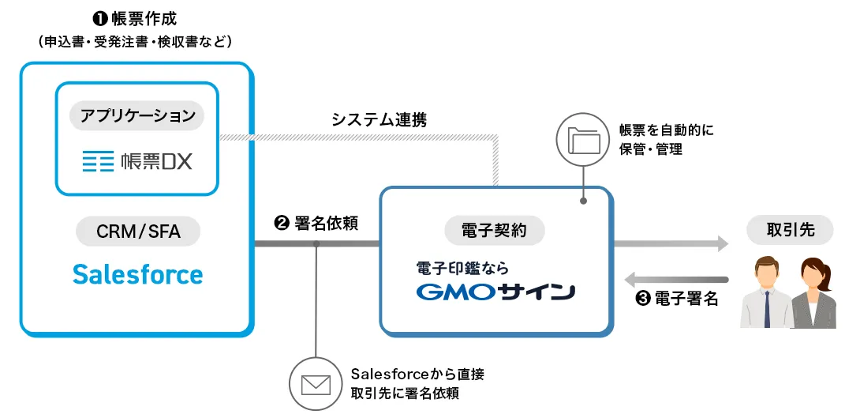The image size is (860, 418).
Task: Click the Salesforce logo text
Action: pyautogui.click(x=138, y=274)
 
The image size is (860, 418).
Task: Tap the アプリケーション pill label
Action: pyautogui.click(x=137, y=116)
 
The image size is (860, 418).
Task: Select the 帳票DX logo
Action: pyautogui.click(x=137, y=163)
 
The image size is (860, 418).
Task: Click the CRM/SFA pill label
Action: pyautogui.click(x=138, y=232)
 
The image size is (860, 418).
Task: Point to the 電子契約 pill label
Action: pyautogui.click(x=495, y=230)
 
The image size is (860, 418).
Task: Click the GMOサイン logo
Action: pyautogui.click(x=495, y=292)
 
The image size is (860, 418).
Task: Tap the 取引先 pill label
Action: pyautogui.click(x=789, y=230)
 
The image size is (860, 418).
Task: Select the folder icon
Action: pyautogui.click(x=583, y=140)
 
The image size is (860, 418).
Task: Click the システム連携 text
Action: pyautogui.click(x=379, y=119)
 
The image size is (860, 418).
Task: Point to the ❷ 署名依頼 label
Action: pyautogui.click(x=316, y=223)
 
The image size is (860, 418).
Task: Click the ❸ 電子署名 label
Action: pyautogui.click(x=676, y=299)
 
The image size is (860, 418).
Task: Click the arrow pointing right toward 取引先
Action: pyautogui.click(x=671, y=244)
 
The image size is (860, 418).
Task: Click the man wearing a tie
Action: pyautogui.click(x=766, y=293)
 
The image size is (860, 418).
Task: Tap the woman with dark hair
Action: pyautogui.click(x=813, y=293)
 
